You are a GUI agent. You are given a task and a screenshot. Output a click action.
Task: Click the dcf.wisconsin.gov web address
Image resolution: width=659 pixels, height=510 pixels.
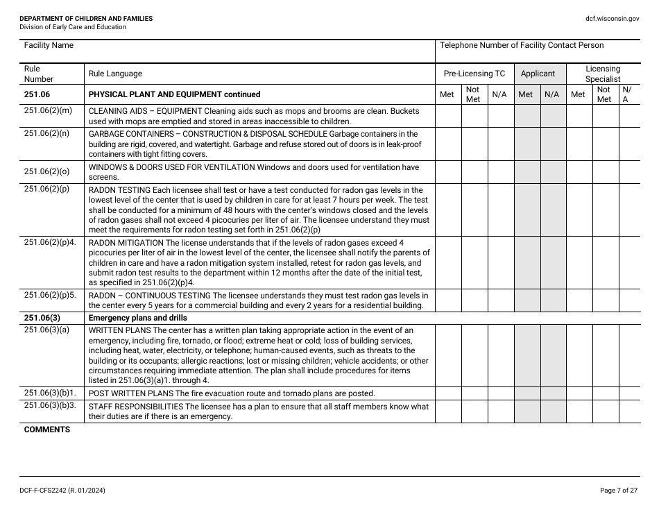click(x=613, y=19)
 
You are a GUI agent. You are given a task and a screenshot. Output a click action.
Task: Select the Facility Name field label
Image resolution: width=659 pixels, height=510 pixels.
click(x=49, y=46)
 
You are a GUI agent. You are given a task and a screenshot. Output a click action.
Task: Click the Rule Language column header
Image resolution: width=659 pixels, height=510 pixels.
click(x=115, y=74)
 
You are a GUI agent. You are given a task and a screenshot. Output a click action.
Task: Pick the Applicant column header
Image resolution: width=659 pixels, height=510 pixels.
click(x=538, y=74)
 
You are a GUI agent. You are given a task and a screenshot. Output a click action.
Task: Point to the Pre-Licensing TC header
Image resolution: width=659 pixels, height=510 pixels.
click(x=474, y=74)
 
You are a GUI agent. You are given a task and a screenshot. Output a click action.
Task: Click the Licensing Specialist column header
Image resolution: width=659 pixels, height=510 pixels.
click(x=602, y=74)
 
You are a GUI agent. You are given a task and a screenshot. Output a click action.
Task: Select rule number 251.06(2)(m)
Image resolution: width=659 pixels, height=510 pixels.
click(x=48, y=111)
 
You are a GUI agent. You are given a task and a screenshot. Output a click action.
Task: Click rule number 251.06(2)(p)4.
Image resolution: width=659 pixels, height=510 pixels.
click(x=50, y=243)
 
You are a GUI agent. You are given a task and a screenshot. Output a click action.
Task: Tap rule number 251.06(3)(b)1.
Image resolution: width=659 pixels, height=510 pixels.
click(x=50, y=393)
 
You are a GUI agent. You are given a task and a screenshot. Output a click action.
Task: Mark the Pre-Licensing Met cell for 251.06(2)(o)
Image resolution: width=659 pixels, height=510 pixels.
click(x=448, y=172)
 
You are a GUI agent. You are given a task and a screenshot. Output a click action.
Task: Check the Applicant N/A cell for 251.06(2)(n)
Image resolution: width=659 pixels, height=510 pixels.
click(x=552, y=144)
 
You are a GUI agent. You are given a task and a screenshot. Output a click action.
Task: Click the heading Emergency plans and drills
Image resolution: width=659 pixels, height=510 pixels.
click(x=137, y=318)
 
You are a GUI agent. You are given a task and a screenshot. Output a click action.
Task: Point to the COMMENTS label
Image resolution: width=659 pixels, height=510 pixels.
click(x=47, y=430)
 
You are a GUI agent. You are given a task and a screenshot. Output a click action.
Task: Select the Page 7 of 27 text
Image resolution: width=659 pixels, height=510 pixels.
click(x=618, y=491)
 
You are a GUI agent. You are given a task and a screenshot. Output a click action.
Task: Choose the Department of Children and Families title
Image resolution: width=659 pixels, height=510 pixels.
click(x=86, y=19)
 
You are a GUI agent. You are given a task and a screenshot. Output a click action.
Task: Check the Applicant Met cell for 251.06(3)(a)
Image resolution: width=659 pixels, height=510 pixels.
click(x=526, y=355)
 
